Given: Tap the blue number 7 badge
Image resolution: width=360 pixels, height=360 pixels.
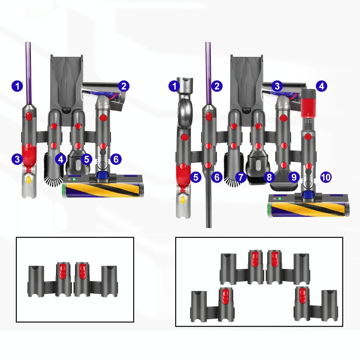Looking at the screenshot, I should point(241,177).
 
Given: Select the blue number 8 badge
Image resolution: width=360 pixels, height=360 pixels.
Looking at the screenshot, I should point(269,177).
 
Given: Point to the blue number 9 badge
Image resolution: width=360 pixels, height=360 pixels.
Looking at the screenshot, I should point(293,177).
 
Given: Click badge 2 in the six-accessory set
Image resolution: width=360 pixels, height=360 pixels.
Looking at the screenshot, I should point(124,86).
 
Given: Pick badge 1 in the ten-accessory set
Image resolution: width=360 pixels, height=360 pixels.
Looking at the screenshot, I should point(174,87).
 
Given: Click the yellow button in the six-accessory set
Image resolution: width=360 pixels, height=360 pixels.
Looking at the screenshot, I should point(29,180).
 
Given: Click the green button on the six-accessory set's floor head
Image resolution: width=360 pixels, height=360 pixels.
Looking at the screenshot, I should point(74,180).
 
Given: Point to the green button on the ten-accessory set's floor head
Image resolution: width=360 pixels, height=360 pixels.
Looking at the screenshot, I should point(280,199).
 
